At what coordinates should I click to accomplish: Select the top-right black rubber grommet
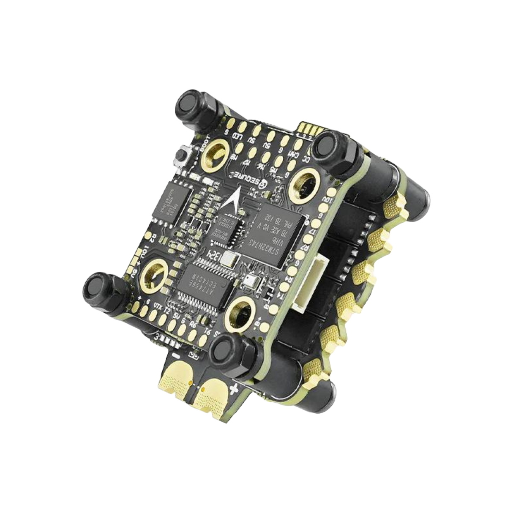(x=333, y=148)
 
